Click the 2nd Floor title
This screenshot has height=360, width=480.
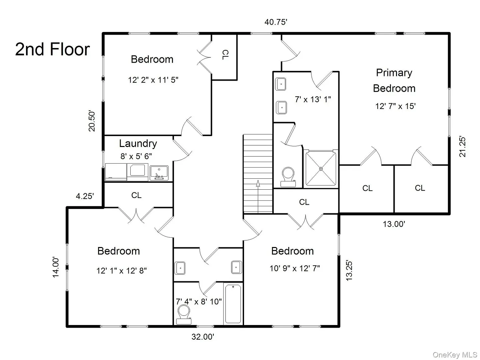[x=52, y=49]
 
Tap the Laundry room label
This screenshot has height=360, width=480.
[x=138, y=144]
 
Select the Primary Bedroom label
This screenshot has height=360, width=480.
[x=394, y=80]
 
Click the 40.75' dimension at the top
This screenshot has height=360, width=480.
[x=276, y=22]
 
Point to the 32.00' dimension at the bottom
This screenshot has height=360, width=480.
[x=203, y=337]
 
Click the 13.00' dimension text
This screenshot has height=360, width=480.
[x=394, y=224]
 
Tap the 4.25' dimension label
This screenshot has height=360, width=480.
[x=85, y=196]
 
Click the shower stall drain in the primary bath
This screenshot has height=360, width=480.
[x=321, y=169]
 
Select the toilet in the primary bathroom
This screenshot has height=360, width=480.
[x=288, y=177]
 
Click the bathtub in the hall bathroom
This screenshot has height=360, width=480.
[x=233, y=304]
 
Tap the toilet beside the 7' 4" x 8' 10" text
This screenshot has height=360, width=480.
[x=184, y=315]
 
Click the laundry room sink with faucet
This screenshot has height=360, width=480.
[x=159, y=173]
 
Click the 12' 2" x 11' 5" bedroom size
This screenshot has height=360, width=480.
[x=153, y=80]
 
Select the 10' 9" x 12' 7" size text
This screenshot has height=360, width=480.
[x=295, y=268]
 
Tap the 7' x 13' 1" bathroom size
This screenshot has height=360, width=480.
[x=313, y=99]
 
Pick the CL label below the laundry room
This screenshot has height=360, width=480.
[x=136, y=195]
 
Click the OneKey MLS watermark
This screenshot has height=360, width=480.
[x=455, y=355]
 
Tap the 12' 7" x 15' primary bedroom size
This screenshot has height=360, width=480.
[x=395, y=106]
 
